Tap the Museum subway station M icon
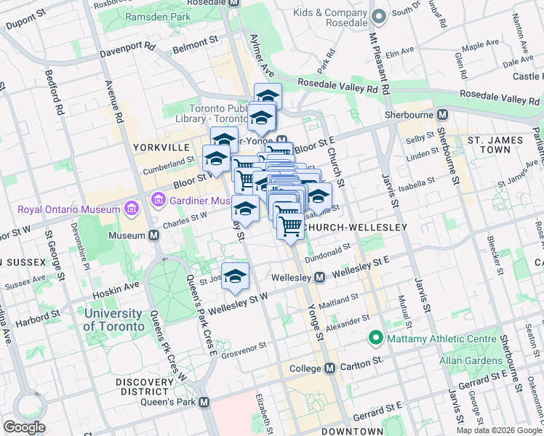(x=154, y=235)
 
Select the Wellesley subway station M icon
(x=319, y=278)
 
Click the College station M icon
(x=329, y=368)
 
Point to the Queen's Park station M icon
(x=204, y=402)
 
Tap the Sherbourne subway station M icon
(x=441, y=115)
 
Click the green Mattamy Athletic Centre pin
(x=376, y=338)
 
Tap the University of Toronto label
(x=113, y=320)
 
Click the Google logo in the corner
(x=25, y=427)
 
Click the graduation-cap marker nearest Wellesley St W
(x=235, y=276)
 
